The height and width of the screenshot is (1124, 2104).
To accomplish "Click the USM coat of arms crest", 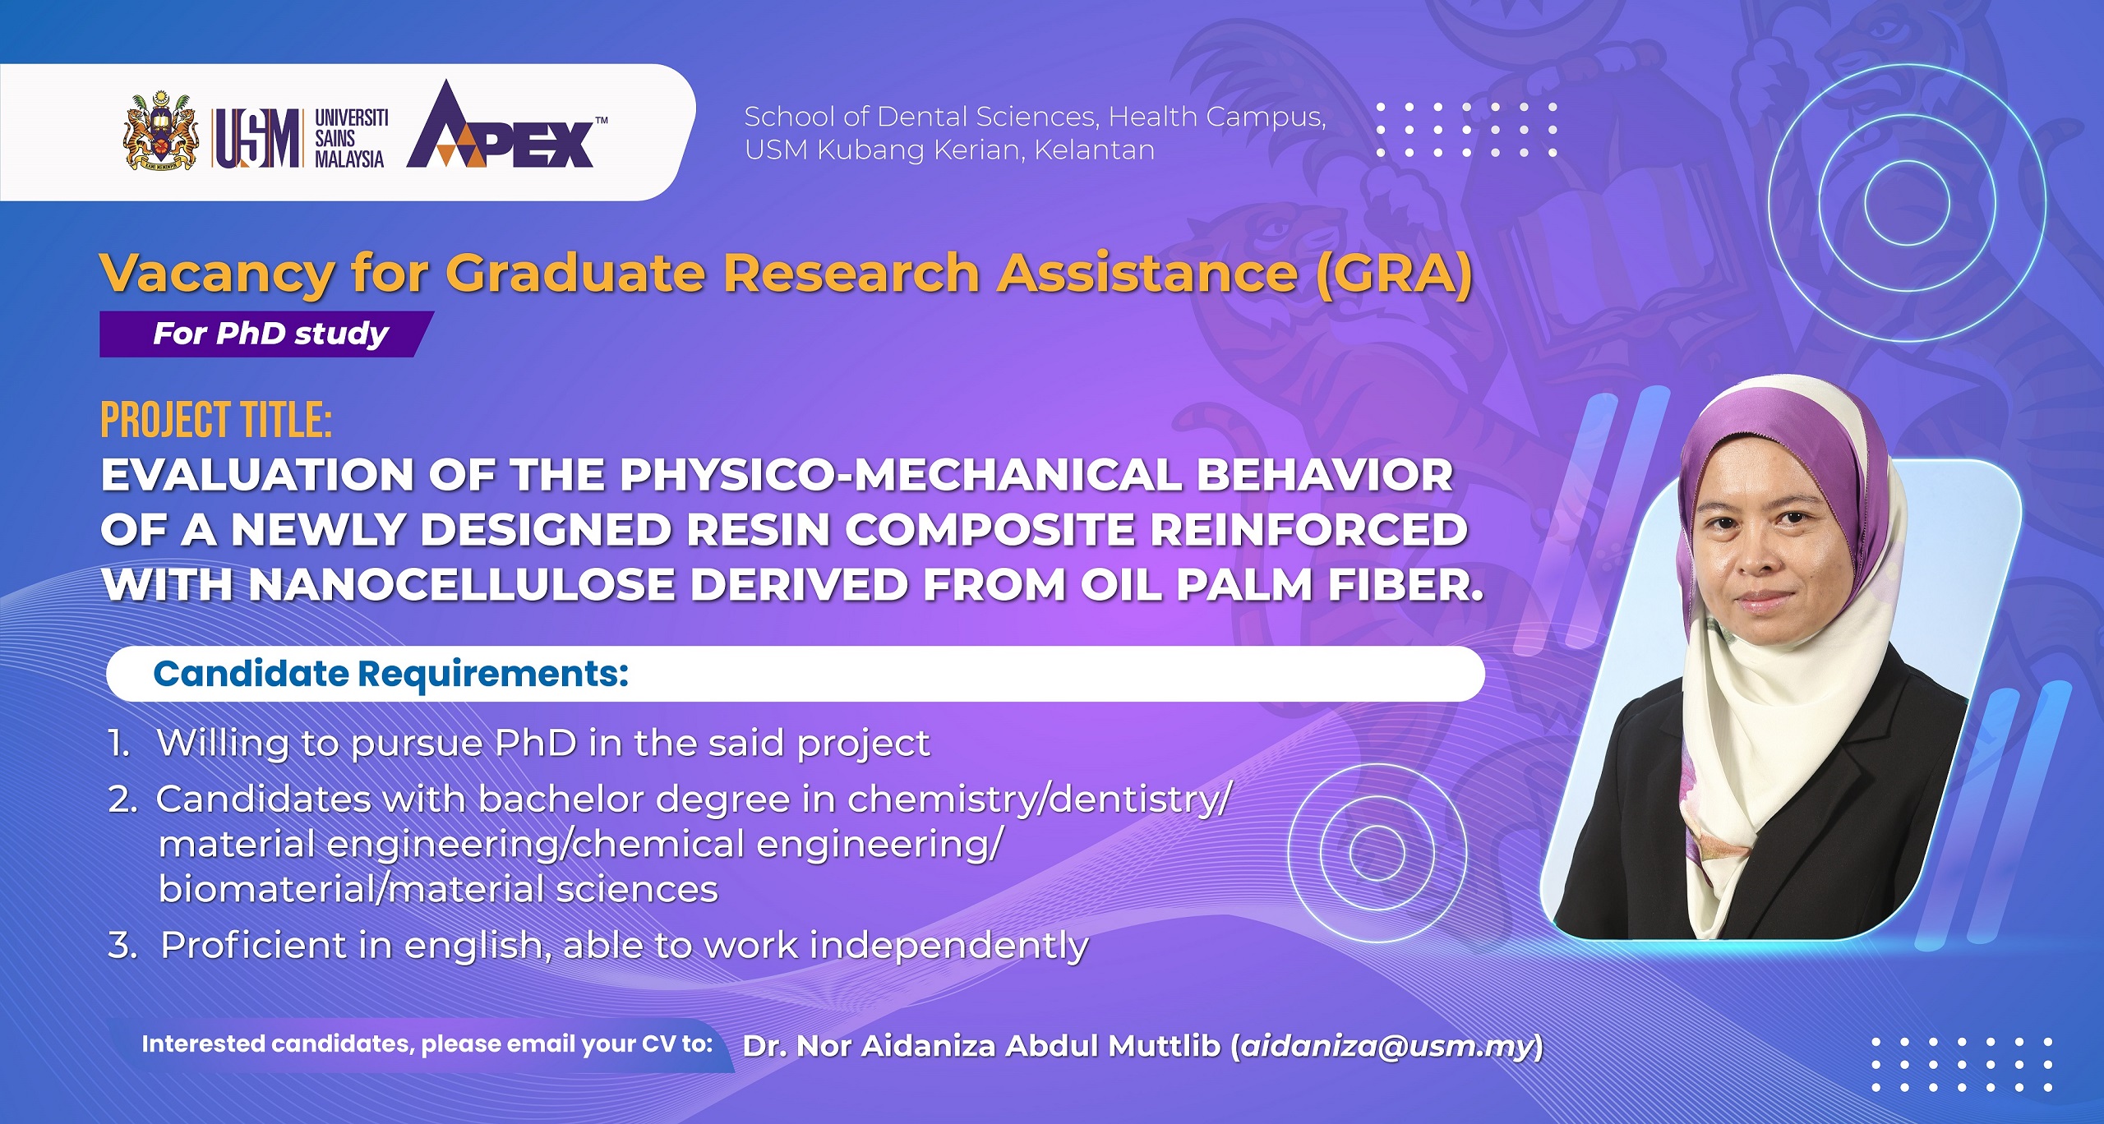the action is click(161, 131).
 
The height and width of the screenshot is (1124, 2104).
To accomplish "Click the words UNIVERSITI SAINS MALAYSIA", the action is click(351, 138).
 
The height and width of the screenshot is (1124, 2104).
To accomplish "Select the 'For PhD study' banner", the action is click(267, 334).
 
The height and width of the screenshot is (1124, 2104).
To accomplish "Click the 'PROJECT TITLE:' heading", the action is click(216, 420).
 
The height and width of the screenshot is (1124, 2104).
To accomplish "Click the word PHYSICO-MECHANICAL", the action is click(901, 475).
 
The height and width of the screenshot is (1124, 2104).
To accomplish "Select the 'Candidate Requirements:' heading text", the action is click(391, 674).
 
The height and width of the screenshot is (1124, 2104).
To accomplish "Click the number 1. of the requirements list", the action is click(119, 743).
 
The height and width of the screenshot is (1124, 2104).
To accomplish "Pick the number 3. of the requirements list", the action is click(123, 945).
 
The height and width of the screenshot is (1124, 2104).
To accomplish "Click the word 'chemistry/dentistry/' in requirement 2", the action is click(1040, 799).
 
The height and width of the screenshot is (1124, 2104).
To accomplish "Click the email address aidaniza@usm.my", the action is click(1387, 1046).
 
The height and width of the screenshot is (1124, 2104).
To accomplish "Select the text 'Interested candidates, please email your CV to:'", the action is click(427, 1044).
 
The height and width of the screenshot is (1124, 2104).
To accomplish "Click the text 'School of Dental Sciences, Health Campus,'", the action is click(1035, 117).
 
